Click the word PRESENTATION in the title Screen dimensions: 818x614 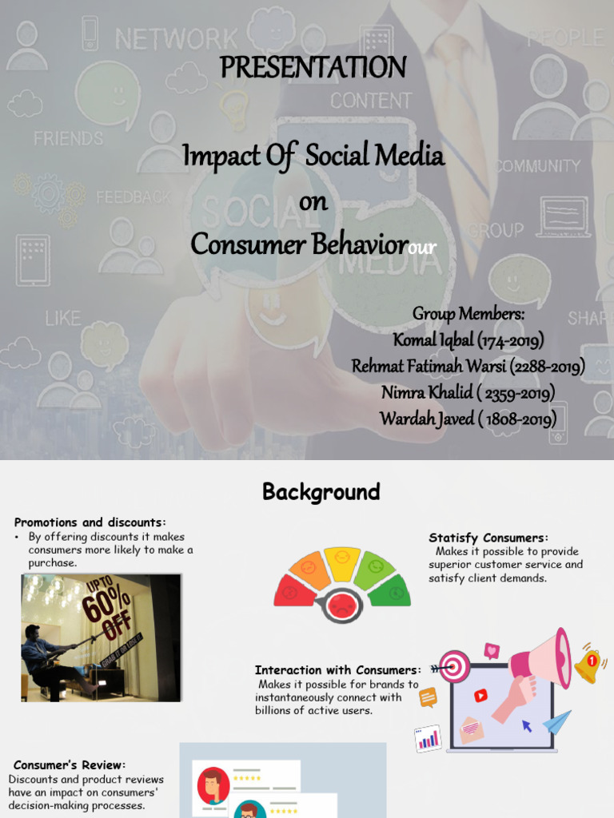coord(313,67)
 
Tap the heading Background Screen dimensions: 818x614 coord(321,492)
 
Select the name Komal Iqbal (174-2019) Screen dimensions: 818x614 coord(468,340)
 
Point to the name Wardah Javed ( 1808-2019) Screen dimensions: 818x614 coord(468,419)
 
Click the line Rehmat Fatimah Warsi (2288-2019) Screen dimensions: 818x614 coord(468,367)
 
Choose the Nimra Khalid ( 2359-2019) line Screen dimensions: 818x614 coord(468,392)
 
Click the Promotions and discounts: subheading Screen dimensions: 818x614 coord(90,522)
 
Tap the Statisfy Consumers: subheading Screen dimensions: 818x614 coord(488,538)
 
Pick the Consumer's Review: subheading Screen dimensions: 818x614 coord(70,765)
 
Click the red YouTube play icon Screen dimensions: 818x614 coord(480,696)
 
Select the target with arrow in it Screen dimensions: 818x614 coord(454,666)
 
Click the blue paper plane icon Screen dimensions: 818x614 coord(557,722)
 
